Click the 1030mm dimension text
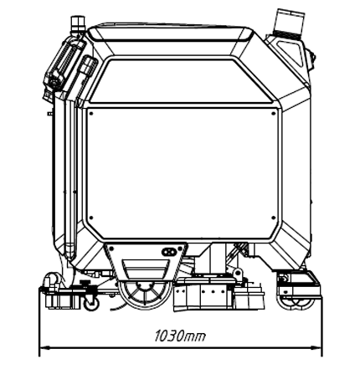(x=180, y=336)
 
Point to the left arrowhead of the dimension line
(x=44, y=348)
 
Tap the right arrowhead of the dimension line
(x=316, y=348)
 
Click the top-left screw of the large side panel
(x=90, y=113)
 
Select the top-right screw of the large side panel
(x=274, y=113)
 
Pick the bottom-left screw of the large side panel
(x=90, y=218)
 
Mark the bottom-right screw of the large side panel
(x=274, y=218)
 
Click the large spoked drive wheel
(x=145, y=294)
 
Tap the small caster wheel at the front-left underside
(x=91, y=304)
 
